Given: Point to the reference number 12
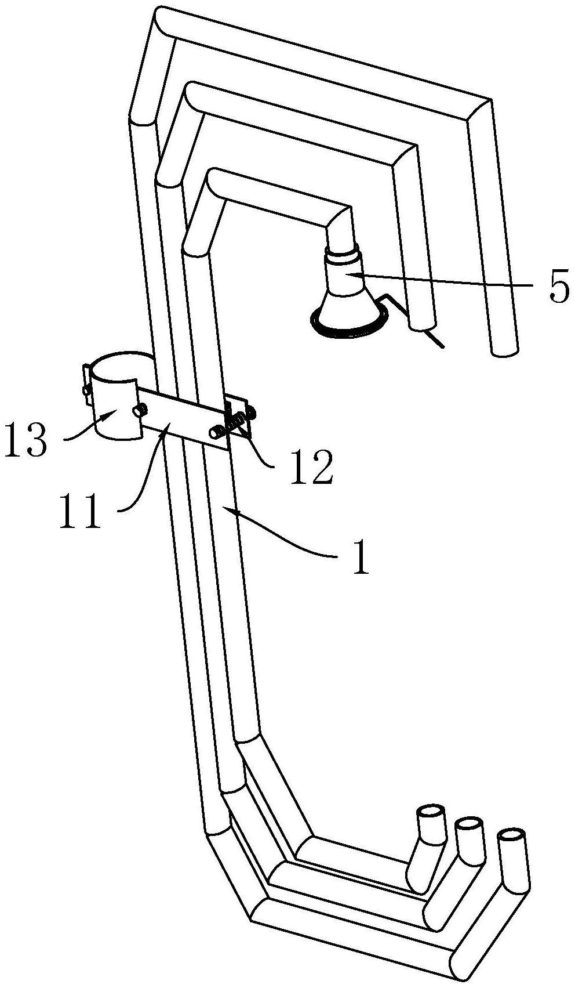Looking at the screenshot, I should (x=314, y=467).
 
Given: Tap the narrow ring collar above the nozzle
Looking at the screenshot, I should (x=343, y=255).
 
